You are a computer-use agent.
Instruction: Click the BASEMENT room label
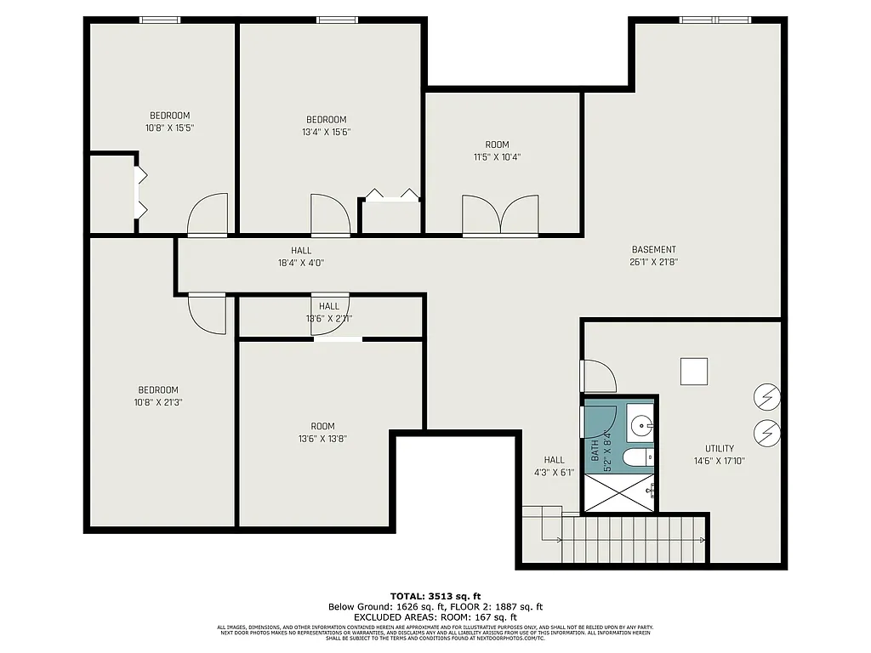click(653, 250)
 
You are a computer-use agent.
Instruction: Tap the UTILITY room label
click(719, 448)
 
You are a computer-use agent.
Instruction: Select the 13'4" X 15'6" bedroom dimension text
click(326, 132)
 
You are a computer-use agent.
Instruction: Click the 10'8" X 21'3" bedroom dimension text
click(158, 402)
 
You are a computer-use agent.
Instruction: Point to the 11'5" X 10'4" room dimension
click(497, 157)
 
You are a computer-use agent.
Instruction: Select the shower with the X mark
click(618, 493)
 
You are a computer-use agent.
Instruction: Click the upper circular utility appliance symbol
click(768, 395)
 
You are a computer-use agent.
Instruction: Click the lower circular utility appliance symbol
click(768, 432)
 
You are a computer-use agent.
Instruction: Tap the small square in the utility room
click(694, 372)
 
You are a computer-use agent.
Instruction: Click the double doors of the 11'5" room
click(500, 215)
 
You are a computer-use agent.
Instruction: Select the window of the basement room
click(715, 20)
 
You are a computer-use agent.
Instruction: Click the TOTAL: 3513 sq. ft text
click(435, 595)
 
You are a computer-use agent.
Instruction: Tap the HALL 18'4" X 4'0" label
click(301, 257)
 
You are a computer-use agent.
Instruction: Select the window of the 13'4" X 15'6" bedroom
click(337, 20)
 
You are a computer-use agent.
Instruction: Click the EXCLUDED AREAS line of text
click(435, 617)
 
